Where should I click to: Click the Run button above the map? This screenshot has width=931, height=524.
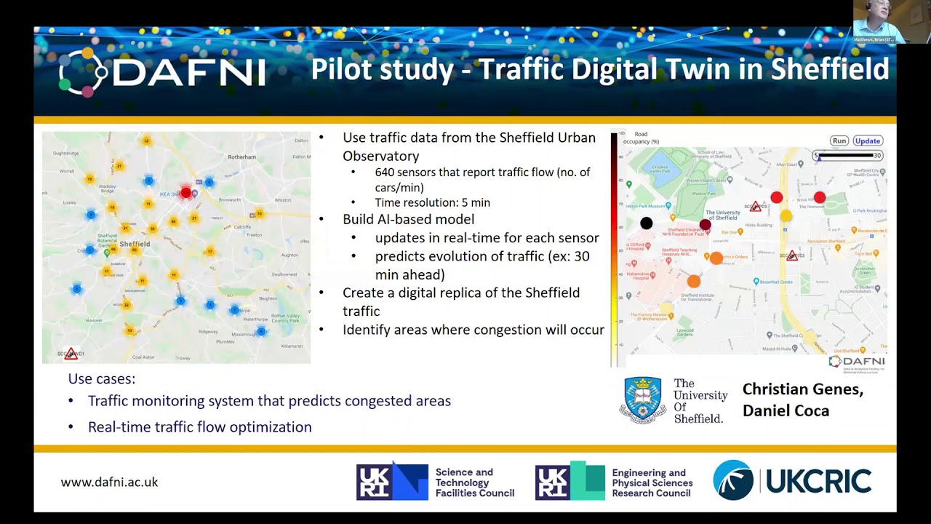839,141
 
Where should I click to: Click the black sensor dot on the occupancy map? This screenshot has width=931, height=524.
646,223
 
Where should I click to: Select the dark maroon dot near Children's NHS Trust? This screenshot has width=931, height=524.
705,225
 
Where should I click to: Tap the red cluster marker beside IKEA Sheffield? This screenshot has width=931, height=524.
186,192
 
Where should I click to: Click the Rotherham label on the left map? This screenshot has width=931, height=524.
242,156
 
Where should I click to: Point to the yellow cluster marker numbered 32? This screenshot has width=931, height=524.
146,140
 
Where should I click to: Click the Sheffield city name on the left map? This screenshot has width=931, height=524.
135,244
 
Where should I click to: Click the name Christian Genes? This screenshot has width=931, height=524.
802,389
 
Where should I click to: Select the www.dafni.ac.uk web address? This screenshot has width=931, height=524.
109,482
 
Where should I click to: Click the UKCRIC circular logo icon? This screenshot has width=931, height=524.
733,480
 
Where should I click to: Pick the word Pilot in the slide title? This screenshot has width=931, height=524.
341,69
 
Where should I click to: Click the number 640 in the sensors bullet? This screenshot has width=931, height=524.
385,172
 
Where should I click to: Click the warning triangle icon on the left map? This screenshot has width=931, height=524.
71,354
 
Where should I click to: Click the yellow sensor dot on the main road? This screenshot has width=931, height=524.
786,216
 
